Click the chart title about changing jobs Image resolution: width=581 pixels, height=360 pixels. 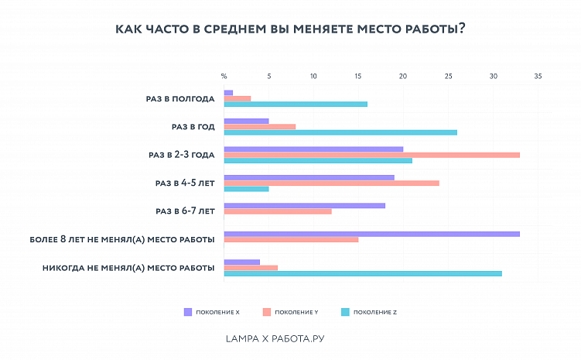290,29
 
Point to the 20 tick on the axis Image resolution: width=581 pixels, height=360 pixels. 403,76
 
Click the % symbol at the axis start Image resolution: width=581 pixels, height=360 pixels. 224,76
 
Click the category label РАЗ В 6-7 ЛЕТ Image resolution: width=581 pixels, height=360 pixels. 185,211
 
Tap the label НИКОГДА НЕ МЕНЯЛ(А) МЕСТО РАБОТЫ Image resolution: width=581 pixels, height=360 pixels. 128,267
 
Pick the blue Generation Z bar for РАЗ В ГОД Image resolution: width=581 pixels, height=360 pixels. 340,132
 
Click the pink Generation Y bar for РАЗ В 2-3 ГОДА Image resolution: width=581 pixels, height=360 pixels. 371,155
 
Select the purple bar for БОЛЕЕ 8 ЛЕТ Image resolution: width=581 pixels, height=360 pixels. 371,233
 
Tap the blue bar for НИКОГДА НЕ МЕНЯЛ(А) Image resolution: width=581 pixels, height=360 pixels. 362,273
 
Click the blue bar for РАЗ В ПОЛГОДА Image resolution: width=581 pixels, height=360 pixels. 296,105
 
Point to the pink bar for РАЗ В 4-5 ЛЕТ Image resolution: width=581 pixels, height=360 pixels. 331,183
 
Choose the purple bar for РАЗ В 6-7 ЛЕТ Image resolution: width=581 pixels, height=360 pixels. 304,205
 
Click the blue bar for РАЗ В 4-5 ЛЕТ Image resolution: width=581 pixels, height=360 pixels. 246,189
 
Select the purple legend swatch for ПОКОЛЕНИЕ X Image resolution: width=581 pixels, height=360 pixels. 187,312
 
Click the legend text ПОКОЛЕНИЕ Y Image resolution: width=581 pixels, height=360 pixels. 297,312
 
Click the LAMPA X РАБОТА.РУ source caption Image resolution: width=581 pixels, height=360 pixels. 281,338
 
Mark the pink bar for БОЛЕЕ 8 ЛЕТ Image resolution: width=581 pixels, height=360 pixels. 291,239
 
